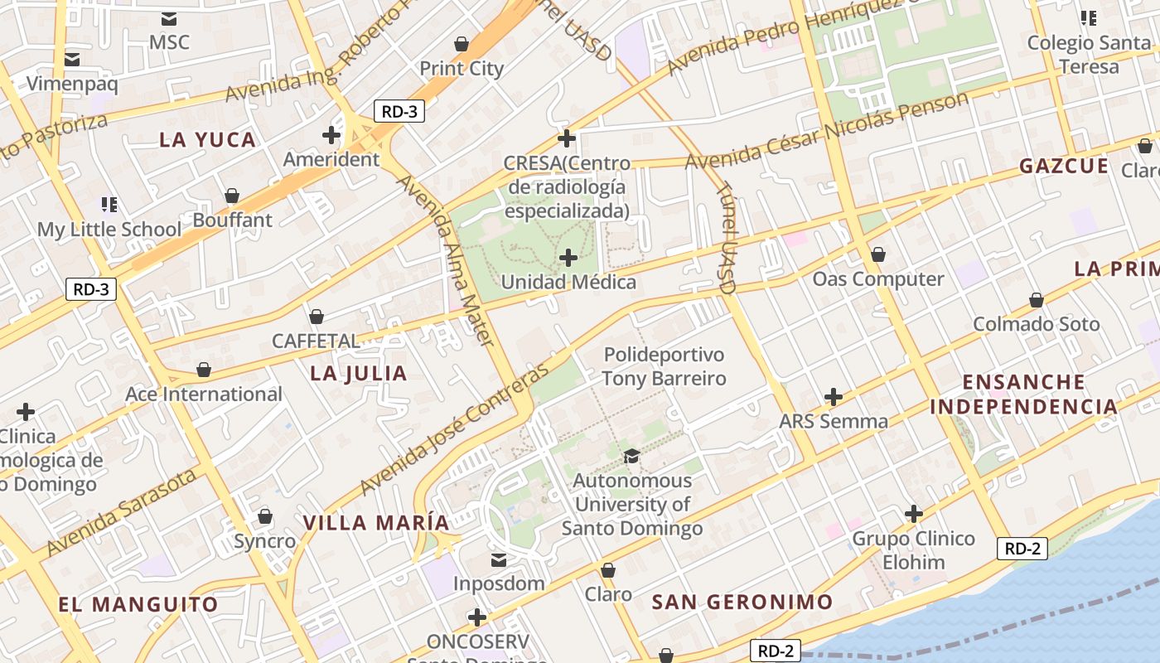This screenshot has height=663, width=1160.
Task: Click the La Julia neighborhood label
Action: tap(358, 374)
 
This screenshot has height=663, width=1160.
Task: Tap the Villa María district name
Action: tap(376, 523)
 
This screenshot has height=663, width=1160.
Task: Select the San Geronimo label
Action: tap(742, 602)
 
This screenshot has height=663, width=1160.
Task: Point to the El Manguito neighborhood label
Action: tap(138, 604)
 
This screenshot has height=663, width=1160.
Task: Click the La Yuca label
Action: tap(207, 140)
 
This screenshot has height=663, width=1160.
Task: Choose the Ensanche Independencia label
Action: tap(1023, 394)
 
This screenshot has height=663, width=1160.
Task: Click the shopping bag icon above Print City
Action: tap(462, 44)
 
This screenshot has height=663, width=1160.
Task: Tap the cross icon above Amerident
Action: tap(331, 134)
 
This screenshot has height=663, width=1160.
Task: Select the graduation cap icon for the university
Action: tap(631, 456)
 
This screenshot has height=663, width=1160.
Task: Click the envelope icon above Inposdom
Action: tap(499, 560)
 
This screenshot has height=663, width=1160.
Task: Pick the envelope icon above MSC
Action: tap(169, 18)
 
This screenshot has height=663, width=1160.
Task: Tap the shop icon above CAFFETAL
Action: tap(316, 317)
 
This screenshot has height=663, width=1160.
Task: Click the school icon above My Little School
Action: tap(109, 204)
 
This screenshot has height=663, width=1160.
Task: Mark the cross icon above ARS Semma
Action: tap(834, 397)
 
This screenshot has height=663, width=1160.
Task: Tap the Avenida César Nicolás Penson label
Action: tap(826, 130)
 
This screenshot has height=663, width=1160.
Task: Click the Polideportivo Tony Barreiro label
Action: tap(664, 366)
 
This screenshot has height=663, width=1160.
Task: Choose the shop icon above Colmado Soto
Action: tap(1036, 299)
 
